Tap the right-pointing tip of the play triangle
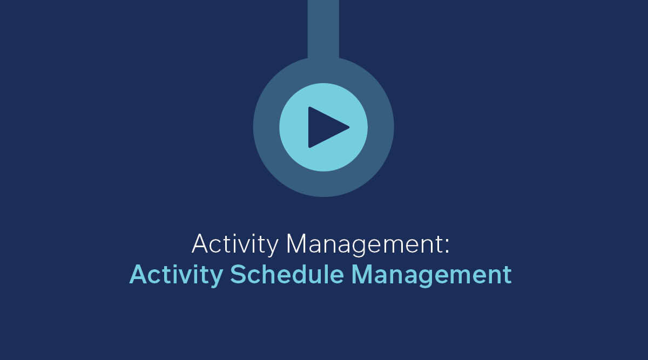[x=349, y=127]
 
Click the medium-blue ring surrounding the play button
[x=266, y=127]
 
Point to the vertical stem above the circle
[x=323, y=29]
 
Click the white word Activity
[x=235, y=244]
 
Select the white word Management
[x=363, y=244]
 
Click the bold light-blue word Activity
[x=176, y=275]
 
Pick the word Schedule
[x=287, y=274]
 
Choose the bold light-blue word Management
[x=431, y=275]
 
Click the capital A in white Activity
[x=200, y=244]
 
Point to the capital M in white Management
[x=296, y=244]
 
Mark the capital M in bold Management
[x=362, y=274]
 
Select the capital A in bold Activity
[x=139, y=274]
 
